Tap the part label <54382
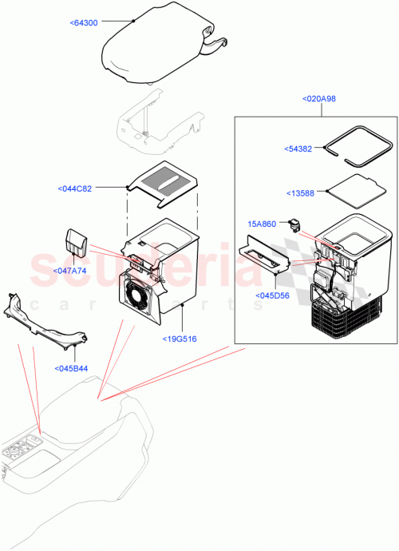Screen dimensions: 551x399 pos(300,149)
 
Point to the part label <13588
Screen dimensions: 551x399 pos(301,192)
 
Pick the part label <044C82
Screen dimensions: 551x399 pos(75,188)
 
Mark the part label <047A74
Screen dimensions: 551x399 pos(69,271)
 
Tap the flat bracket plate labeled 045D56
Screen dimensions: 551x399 pos(263,256)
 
